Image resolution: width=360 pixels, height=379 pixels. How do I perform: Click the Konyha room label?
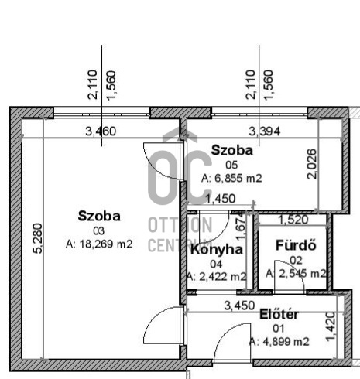(216, 249)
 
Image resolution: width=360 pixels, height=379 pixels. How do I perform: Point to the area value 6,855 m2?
(231, 178)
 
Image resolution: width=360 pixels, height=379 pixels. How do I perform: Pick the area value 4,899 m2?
(279, 341)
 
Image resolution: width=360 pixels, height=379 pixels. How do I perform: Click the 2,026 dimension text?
(312, 163)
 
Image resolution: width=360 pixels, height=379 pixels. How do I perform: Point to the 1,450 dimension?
(220, 199)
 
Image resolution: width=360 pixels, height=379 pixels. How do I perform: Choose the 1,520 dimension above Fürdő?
(295, 220)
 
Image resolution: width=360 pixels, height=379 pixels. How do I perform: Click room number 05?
(231, 164)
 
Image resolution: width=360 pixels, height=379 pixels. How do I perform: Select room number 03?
(98, 230)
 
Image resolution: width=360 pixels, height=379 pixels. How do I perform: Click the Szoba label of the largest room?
(99, 216)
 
